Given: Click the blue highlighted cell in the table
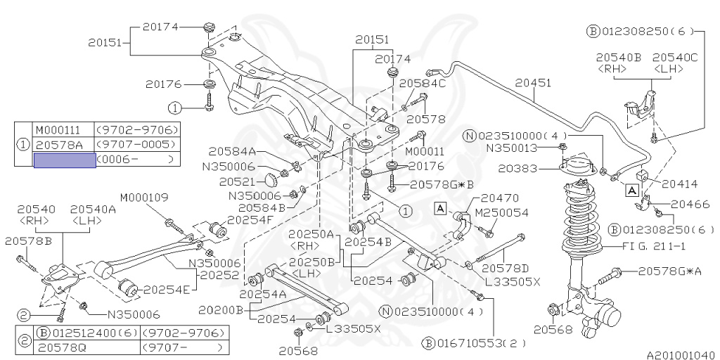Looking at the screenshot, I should click(x=65, y=160).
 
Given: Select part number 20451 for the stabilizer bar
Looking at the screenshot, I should click(x=532, y=83).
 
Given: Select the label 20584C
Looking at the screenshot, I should click(x=423, y=83).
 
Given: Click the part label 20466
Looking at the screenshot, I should click(x=689, y=204).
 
